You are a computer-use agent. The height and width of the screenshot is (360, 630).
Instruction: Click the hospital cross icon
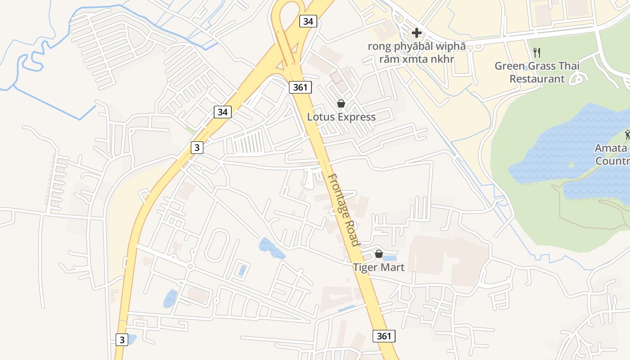(416, 33)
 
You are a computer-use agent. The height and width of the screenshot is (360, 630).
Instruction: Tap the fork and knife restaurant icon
(536, 53)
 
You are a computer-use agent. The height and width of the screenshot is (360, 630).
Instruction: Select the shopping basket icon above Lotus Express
(341, 104)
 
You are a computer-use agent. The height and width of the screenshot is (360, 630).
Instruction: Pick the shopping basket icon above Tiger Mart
(379, 254)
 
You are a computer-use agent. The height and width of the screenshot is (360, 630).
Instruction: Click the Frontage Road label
(343, 210)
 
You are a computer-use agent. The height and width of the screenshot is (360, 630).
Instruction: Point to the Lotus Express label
(341, 117)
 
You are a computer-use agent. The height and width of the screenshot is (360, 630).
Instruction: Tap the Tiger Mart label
(378, 267)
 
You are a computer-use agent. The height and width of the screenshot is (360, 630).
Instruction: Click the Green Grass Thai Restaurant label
(537, 72)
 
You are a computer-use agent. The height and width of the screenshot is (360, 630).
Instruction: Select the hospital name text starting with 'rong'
(416, 53)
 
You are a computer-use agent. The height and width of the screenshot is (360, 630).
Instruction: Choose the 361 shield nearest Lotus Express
(300, 87)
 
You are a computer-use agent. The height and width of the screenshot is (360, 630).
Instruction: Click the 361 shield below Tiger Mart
(384, 336)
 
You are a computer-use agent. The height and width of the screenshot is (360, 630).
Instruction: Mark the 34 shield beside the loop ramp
(308, 21)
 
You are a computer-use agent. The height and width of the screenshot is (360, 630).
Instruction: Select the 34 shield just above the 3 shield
(222, 112)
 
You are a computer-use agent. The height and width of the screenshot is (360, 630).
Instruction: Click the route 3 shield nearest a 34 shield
(197, 147)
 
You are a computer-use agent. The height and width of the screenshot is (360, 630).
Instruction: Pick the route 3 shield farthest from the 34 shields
(121, 339)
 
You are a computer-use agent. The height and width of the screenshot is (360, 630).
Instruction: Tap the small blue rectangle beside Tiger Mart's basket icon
(390, 258)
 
